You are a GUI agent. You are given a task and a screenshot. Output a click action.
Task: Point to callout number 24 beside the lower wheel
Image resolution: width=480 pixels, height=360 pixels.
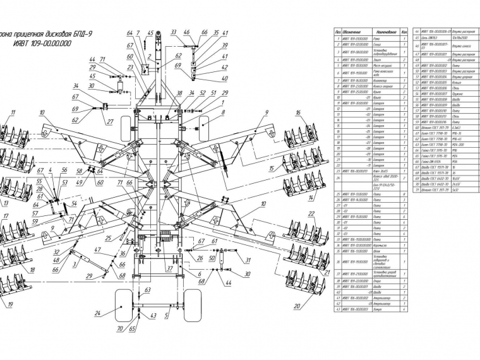click(97, 313)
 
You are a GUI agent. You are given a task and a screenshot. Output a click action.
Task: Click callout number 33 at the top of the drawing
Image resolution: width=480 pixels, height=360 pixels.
click(172, 32)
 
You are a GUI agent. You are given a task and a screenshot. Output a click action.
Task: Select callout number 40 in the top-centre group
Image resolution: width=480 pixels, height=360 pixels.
click(225, 79)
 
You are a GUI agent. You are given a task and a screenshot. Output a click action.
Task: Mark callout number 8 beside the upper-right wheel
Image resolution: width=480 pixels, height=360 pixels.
click(223, 112)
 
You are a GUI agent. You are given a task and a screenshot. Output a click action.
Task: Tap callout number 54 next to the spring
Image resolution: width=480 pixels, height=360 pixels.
click(73, 203)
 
